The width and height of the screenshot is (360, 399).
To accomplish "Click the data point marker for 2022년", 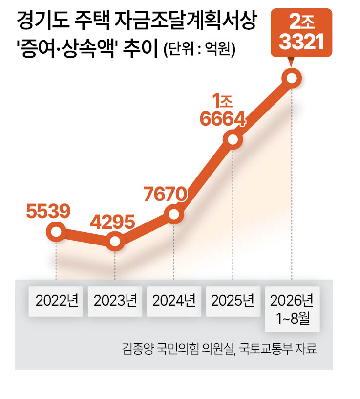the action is pyautogui.click(x=56, y=232).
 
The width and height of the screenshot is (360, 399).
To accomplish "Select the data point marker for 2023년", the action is pyautogui.click(x=115, y=241).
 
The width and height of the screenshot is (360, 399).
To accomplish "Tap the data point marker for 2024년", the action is pyautogui.click(x=174, y=214).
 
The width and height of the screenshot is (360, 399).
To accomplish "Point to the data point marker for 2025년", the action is pyautogui.click(x=233, y=139).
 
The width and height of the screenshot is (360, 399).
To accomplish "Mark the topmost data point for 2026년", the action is pyautogui.click(x=292, y=78).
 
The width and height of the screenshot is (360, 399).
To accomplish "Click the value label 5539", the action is pyautogui.click(x=48, y=211).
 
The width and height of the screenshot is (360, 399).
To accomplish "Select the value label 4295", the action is pyautogui.click(x=112, y=222).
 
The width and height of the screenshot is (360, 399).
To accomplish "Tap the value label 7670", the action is pyautogui.click(x=166, y=194).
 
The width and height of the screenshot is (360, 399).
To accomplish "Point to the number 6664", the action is pyautogui.click(x=223, y=119).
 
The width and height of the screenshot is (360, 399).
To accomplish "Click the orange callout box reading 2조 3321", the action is pyautogui.click(x=301, y=33).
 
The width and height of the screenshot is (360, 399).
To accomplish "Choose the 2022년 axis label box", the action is pyautogui.click(x=56, y=301).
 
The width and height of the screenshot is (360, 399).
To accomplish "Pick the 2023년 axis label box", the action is pyautogui.click(x=115, y=301).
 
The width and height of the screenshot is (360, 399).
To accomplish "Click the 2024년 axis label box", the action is pyautogui.click(x=174, y=301).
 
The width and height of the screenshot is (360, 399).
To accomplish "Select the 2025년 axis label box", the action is pyautogui.click(x=233, y=301).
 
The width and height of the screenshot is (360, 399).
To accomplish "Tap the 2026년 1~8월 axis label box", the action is pyautogui.click(x=293, y=309).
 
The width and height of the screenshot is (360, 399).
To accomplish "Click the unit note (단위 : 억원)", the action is pyautogui.click(x=200, y=49).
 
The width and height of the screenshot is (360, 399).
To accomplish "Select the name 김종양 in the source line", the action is pyautogui.click(x=138, y=348).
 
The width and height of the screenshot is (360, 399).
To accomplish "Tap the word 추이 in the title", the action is pyautogui.click(x=141, y=48).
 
